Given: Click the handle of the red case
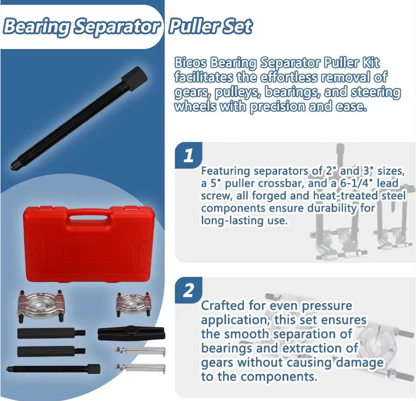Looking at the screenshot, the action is (88, 218).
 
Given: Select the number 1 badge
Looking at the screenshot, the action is (188, 156).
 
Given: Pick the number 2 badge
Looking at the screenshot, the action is (188, 290).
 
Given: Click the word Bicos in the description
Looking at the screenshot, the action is (190, 63).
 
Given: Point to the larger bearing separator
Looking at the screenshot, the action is (40, 306).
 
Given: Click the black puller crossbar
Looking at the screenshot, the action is (131, 333).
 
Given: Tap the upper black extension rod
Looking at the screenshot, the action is (51, 333).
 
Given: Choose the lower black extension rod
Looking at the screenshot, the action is (51, 351).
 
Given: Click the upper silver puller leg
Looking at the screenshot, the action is (140, 352).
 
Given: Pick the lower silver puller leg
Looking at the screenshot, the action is (140, 368).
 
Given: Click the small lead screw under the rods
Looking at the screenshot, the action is (53, 369).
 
